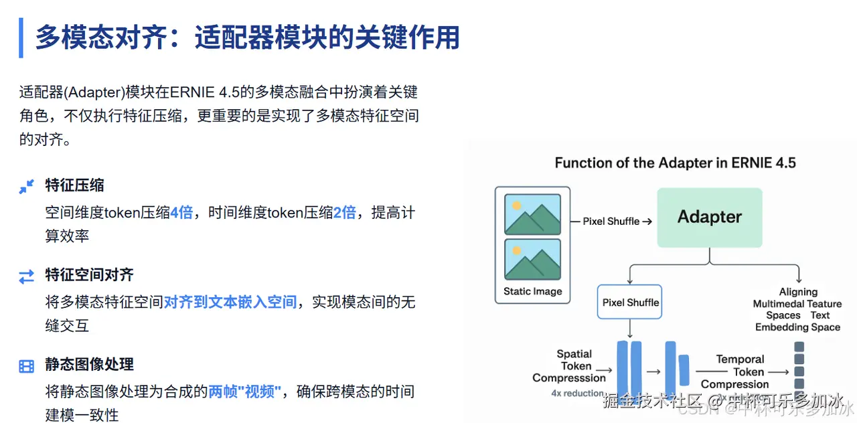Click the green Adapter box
tap(709, 217)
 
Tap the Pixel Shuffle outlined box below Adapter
tap(630, 303)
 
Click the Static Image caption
tap(532, 292)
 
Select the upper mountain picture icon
tap(532, 214)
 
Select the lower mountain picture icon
tap(532, 259)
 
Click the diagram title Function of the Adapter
tap(675, 163)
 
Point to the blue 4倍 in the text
tap(181, 213)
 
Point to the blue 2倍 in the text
tap(344, 213)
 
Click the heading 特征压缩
tap(74, 185)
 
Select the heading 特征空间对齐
tap(89, 275)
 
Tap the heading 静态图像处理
tap(89, 365)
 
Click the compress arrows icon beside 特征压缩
tap(26, 187)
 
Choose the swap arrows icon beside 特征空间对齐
tap(26, 276)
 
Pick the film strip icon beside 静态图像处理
tap(26, 366)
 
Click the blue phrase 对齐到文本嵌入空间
tap(230, 303)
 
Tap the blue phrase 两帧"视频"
tap(244, 392)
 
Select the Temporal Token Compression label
tap(735, 371)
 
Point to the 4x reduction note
tap(578, 394)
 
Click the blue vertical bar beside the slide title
tap(21, 37)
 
